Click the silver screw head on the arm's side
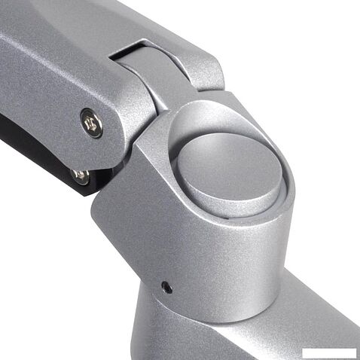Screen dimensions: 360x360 pyautogui.click(x=93, y=122)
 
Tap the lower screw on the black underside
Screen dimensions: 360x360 pyautogui.click(x=80, y=176)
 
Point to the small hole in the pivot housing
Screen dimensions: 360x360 pyautogui.click(x=166, y=287)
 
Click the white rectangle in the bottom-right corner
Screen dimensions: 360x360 pyautogui.click(x=328, y=352)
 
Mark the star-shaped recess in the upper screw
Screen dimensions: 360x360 pyautogui.click(x=93, y=122)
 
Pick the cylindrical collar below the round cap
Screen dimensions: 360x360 pyautogui.click(x=249, y=233)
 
